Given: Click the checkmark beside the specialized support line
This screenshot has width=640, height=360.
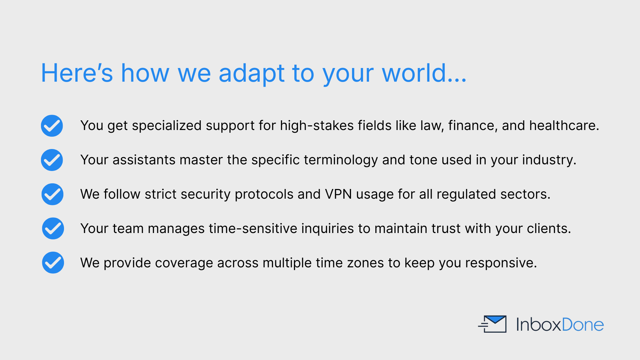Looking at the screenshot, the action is [x=52, y=126].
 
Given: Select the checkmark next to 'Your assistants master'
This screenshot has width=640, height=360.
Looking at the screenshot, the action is [x=52, y=160].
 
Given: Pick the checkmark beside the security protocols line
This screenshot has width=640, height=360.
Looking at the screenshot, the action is [x=52, y=194].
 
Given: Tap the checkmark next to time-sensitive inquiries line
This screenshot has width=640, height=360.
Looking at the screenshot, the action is [x=53, y=228].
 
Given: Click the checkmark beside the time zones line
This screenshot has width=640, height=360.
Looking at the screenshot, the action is [x=53, y=263].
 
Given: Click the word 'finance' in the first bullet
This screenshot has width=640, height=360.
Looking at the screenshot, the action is [x=471, y=126].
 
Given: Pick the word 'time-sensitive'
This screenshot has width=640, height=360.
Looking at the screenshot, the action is [x=253, y=228].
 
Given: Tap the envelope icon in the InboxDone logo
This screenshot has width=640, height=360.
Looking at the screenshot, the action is [x=492, y=324].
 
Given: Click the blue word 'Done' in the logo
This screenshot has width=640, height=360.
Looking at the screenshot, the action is [x=583, y=324].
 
